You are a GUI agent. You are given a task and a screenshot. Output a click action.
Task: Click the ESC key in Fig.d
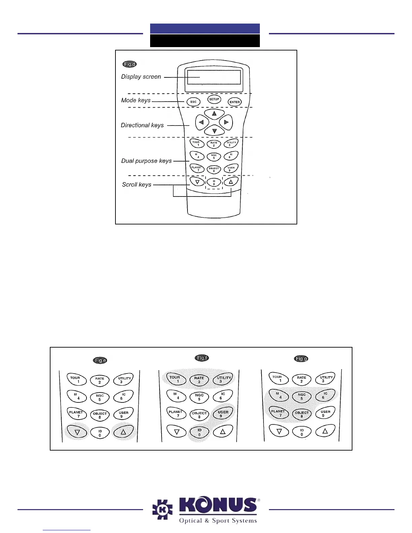pyautogui.click(x=194, y=102)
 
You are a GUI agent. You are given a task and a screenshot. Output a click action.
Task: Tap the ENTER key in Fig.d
pyautogui.click(x=235, y=102)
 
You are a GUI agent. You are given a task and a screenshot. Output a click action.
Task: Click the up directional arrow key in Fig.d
pyautogui.click(x=214, y=114)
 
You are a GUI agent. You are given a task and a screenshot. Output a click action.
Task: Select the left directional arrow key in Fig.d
pyautogui.click(x=202, y=122)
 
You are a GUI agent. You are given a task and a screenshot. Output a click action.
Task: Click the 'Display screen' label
pyautogui.click(x=141, y=77)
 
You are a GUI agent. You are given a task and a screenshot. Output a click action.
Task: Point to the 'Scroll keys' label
pyautogui.click(x=137, y=184)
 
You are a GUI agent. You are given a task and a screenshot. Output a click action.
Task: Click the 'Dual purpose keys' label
pyautogui.click(x=146, y=161)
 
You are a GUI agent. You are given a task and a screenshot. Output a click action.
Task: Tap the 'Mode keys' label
pyautogui.click(x=136, y=100)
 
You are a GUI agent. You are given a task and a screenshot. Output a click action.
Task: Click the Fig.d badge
pyautogui.click(x=130, y=64)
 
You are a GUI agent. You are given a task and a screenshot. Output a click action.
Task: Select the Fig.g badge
pyautogui.click(x=301, y=359)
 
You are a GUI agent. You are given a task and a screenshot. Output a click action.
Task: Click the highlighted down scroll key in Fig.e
pyautogui.click(x=77, y=432)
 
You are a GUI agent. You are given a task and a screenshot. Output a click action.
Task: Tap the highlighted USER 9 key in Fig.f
pyautogui.click(x=223, y=413)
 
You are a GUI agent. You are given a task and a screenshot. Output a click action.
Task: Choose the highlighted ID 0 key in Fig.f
pyautogui.click(x=199, y=432)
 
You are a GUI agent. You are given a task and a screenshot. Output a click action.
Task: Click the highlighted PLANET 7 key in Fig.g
pyautogui.click(x=278, y=413)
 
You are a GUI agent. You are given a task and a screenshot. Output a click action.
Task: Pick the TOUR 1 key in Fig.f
pyautogui.click(x=175, y=379)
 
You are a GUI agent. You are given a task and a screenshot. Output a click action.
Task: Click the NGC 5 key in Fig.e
pyautogui.click(x=100, y=397)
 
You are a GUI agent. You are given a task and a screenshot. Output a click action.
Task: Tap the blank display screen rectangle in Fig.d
pyautogui.click(x=214, y=77)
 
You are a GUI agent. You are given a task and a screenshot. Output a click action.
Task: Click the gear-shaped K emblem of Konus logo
pyautogui.click(x=163, y=510)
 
